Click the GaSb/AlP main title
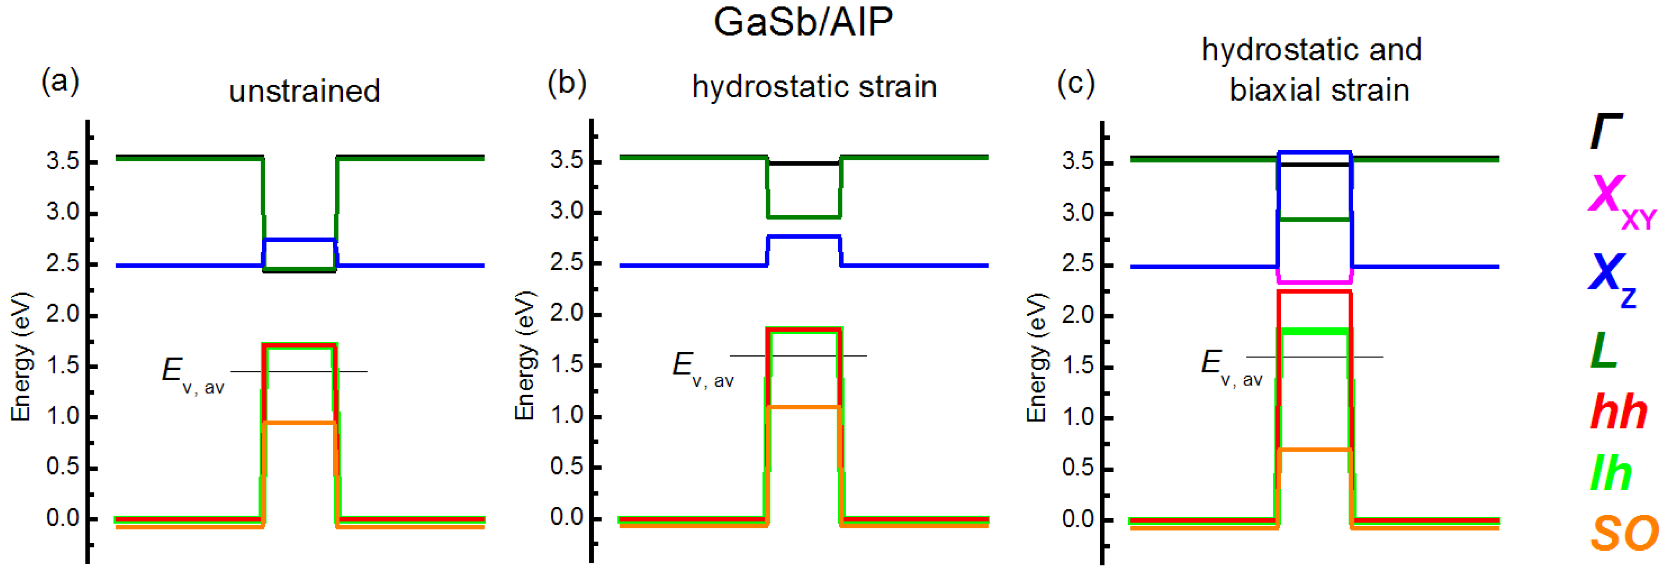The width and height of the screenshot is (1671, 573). (x=803, y=22)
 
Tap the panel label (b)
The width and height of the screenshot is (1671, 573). (x=567, y=84)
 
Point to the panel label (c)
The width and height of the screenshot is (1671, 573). (x=1076, y=84)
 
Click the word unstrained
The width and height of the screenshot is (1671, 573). (x=304, y=91)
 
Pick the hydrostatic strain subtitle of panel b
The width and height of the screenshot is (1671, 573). (x=814, y=87)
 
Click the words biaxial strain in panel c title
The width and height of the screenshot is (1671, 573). (x=1319, y=90)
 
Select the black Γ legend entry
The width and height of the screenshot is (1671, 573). (x=1606, y=131)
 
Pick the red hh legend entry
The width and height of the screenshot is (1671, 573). (x=1618, y=413)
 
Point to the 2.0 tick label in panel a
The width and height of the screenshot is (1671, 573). (x=62, y=315)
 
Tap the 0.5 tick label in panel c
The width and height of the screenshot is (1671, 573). (x=1078, y=468)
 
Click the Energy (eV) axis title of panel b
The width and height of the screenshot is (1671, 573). (x=525, y=356)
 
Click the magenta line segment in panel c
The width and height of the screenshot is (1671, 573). (x=1314, y=282)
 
